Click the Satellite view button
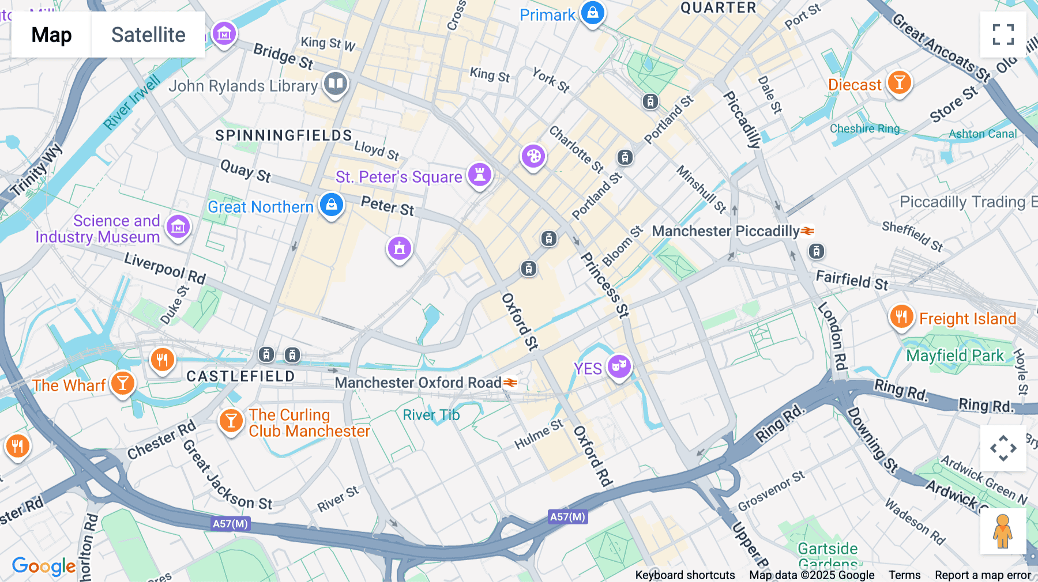(148, 35)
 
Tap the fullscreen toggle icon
(1003, 35)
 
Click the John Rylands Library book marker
(335, 84)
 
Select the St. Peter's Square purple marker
(479, 174)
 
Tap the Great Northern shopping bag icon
(332, 205)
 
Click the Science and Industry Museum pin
(178, 227)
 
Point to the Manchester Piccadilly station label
(725, 231)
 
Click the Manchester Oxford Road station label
(418, 383)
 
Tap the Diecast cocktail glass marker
(898, 82)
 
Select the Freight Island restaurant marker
(901, 316)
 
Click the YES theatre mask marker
(619, 365)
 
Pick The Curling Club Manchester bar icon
(231, 421)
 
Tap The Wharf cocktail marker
(122, 383)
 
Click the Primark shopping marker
(592, 13)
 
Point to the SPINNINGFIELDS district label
(283, 135)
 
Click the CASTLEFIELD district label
(240, 376)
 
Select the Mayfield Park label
(955, 356)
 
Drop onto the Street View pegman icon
(1003, 531)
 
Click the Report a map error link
(983, 575)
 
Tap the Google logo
(44, 566)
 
